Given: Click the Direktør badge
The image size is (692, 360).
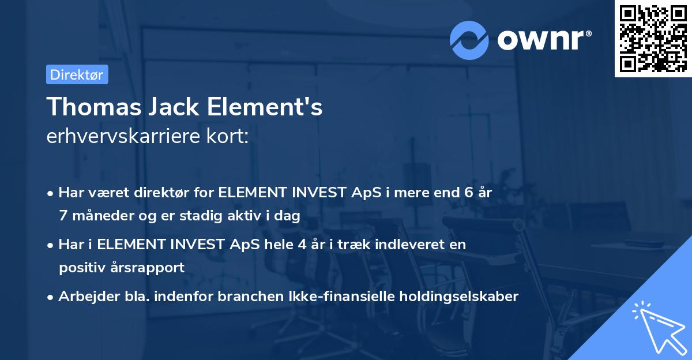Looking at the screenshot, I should click(x=76, y=74).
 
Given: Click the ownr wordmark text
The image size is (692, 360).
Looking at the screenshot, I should click(x=543, y=39).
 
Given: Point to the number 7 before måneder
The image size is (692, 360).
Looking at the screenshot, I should click(x=62, y=216).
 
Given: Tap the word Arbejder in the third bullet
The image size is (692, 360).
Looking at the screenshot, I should click(x=84, y=297).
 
